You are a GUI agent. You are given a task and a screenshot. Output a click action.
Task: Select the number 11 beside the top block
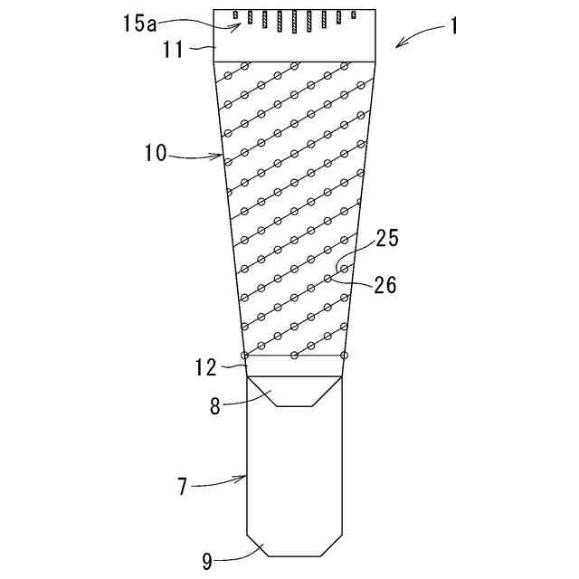(174, 49)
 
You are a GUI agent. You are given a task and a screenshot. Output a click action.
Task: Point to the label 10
(155, 153)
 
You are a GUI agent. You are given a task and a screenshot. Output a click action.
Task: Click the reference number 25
(387, 239)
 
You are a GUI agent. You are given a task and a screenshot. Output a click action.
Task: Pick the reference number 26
(385, 285)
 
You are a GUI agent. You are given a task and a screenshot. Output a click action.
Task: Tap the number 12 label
(205, 367)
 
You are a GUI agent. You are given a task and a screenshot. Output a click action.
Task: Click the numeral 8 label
(214, 406)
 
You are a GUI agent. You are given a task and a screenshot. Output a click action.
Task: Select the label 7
(183, 488)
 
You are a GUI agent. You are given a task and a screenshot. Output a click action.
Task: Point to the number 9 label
(208, 561)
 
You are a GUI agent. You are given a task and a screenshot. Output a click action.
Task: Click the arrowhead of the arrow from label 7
(247, 476)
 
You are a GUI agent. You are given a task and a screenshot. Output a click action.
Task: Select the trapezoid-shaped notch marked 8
(295, 392)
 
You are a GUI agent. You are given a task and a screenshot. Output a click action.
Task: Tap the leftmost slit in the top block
(234, 14)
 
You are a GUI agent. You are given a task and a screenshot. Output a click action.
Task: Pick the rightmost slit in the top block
(355, 14)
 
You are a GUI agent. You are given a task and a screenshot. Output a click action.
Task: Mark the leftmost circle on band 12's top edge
(245, 355)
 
